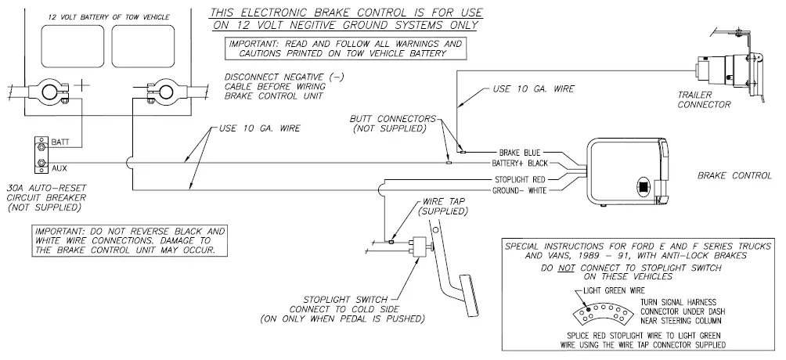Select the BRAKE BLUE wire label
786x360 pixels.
[519, 153]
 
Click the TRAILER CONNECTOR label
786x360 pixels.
[705, 99]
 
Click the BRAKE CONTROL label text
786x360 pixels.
[734, 176]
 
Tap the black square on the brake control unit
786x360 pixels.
[642, 188]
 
